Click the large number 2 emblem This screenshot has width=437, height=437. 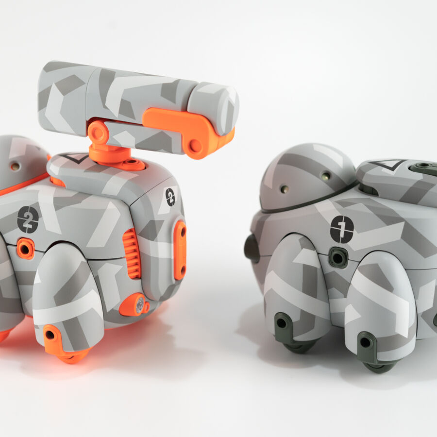(28, 219)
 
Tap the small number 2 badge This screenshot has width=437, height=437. (170, 197)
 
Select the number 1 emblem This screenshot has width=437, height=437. (342, 229)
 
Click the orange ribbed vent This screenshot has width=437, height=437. (132, 253)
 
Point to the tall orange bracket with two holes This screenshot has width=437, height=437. (180, 251)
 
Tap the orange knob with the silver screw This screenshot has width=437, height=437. (134, 304)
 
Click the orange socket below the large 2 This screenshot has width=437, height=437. (26, 248)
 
